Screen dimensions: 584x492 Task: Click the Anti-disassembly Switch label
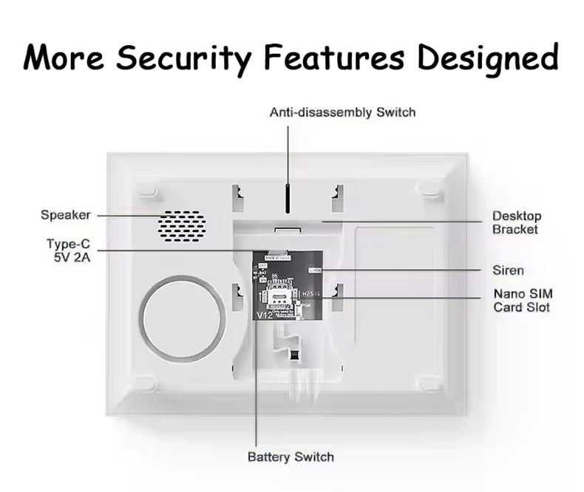[x=342, y=112]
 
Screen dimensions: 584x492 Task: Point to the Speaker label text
[x=66, y=215]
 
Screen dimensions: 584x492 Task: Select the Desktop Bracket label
[x=517, y=222]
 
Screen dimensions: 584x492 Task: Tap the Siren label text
[x=508, y=270]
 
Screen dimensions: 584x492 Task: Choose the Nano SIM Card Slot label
[x=522, y=300]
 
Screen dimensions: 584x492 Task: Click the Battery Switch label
[x=291, y=457]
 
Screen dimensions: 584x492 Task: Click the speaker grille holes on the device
[x=181, y=223]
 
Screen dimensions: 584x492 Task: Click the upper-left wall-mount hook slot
[x=237, y=195]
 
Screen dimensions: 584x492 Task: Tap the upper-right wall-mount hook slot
[x=336, y=195]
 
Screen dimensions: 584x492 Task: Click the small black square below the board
[x=296, y=356]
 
